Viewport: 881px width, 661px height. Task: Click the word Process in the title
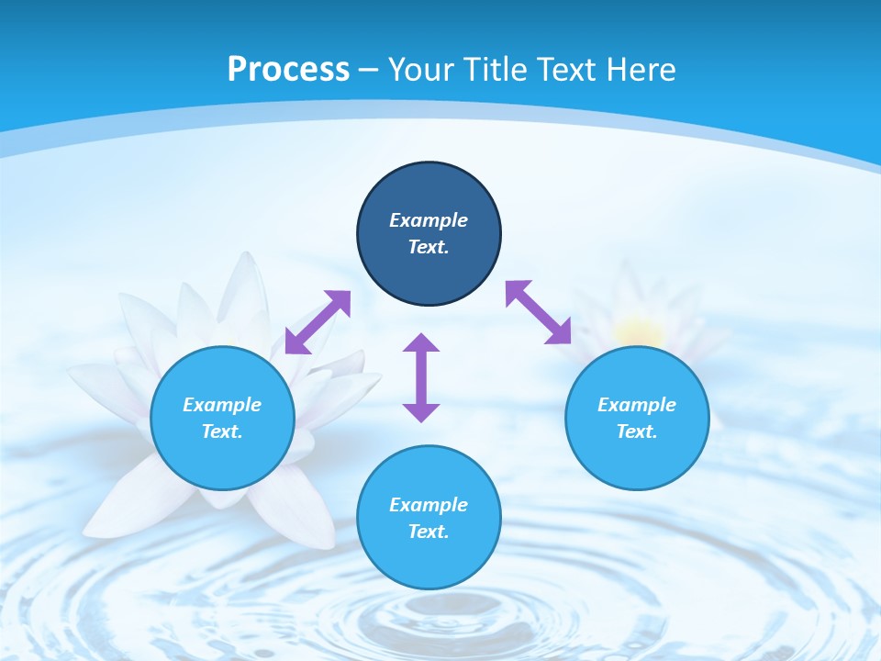[288, 70]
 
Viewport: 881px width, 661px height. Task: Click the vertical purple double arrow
[421, 378]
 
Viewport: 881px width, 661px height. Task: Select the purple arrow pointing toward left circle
[318, 322]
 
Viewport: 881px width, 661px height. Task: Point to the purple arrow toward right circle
[539, 312]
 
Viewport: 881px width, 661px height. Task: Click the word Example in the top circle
[429, 220]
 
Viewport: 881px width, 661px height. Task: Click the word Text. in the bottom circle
[429, 532]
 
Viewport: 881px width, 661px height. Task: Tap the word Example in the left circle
[222, 405]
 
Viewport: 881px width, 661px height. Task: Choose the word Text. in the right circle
[637, 431]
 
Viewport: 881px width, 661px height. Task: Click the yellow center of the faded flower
[639, 331]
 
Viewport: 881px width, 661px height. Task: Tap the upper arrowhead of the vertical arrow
[421, 345]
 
